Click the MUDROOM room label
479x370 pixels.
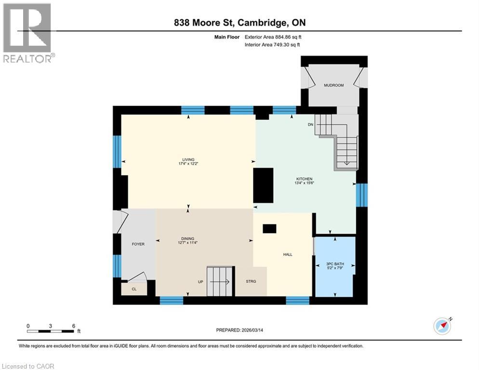[x=333, y=85]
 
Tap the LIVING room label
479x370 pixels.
[x=188, y=160]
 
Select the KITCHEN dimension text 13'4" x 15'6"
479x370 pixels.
[x=304, y=183]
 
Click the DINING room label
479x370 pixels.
[x=187, y=238]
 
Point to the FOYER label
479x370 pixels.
[x=138, y=244]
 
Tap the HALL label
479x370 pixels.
[x=288, y=255]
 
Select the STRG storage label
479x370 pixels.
[x=251, y=281]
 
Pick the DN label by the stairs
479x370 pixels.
[x=311, y=124]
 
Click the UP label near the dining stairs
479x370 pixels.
[x=200, y=281]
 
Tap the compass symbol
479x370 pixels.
[x=442, y=326]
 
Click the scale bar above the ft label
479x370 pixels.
[x=51, y=331]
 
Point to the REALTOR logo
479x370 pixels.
[x=28, y=33]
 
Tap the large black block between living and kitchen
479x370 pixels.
[x=263, y=185]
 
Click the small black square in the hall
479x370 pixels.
[x=269, y=229]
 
